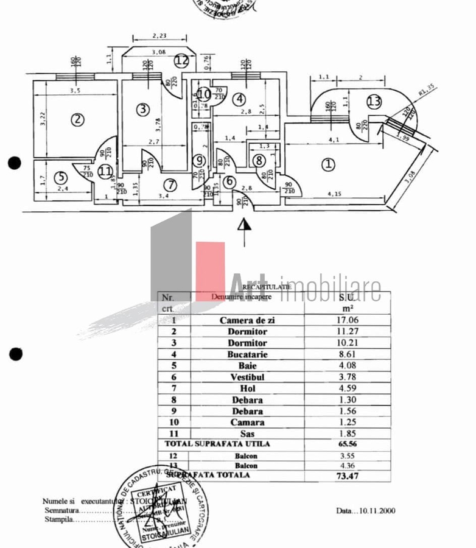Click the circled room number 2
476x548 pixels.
click(x=77, y=119)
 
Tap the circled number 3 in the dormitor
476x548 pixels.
click(x=142, y=110)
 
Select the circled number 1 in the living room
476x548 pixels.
click(x=328, y=164)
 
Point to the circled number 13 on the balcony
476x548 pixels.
click(x=374, y=102)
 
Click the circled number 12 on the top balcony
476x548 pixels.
click(x=181, y=60)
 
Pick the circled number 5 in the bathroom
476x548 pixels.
click(x=60, y=178)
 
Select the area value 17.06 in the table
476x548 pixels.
click(x=346, y=320)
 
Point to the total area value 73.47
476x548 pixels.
click(x=346, y=478)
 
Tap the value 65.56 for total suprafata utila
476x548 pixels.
click(x=346, y=444)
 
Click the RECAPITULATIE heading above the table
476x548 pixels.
click(x=267, y=286)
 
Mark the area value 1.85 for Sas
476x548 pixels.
click(x=346, y=433)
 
